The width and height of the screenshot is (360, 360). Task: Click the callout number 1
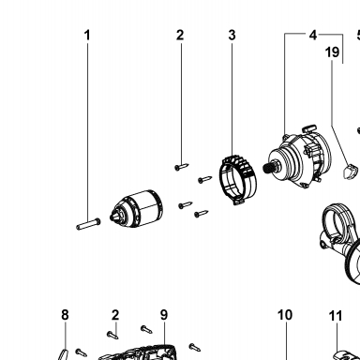click(87, 35)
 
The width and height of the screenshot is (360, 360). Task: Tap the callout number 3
click(232, 35)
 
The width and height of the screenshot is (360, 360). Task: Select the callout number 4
click(313, 35)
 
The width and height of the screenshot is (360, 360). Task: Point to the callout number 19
click(332, 52)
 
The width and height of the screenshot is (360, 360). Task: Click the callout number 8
click(65, 315)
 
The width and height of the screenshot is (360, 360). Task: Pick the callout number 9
click(164, 315)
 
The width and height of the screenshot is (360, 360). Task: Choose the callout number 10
click(285, 315)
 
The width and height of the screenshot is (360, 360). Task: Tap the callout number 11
click(336, 316)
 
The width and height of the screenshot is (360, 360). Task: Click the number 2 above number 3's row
click(180, 35)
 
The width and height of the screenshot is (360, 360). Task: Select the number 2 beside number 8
click(115, 315)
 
